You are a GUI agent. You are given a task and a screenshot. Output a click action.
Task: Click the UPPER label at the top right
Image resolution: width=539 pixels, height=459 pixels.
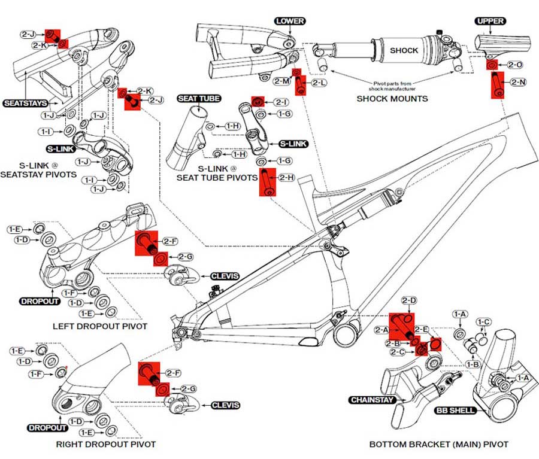point(490,21)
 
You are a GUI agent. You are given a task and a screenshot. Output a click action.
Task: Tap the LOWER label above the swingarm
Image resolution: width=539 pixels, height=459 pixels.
point(290,21)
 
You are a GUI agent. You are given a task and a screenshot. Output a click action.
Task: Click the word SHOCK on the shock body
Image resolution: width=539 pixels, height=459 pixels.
point(404,50)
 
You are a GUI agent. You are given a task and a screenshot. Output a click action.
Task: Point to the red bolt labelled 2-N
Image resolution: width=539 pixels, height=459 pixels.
point(498,85)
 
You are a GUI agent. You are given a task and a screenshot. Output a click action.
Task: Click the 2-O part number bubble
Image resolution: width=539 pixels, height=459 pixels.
point(515,65)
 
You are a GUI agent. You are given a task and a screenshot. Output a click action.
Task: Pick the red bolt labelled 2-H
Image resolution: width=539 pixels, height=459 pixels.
point(268,182)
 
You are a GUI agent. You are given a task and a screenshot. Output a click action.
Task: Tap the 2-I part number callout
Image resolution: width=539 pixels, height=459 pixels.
point(281,102)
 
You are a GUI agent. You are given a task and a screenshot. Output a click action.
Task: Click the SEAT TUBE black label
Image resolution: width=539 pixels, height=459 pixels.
point(199,99)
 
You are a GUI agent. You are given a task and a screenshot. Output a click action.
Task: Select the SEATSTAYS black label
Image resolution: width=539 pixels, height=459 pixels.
point(25,103)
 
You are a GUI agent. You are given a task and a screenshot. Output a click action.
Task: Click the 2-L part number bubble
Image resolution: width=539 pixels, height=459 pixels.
point(319,83)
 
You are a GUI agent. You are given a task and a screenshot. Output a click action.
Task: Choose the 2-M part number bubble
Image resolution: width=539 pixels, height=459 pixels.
point(282,81)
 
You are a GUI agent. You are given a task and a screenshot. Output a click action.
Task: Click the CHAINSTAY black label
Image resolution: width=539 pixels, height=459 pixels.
point(371,400)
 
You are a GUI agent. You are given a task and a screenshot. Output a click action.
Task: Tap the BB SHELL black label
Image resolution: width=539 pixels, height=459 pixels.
point(455,410)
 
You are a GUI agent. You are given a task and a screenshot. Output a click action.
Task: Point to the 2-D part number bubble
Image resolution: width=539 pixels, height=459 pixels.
point(409,300)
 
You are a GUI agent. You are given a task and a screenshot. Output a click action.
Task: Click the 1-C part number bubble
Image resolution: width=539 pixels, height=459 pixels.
point(483,322)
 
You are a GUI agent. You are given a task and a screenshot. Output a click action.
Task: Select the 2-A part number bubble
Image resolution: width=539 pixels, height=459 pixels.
point(381,330)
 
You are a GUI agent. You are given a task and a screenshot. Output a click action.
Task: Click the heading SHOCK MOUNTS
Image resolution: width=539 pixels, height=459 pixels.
point(392,99)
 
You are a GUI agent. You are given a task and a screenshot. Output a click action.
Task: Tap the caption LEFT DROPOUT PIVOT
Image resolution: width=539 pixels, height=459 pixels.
point(100,326)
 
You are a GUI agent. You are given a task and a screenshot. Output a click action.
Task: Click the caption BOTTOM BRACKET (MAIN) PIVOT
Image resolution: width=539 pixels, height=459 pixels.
point(438,444)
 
